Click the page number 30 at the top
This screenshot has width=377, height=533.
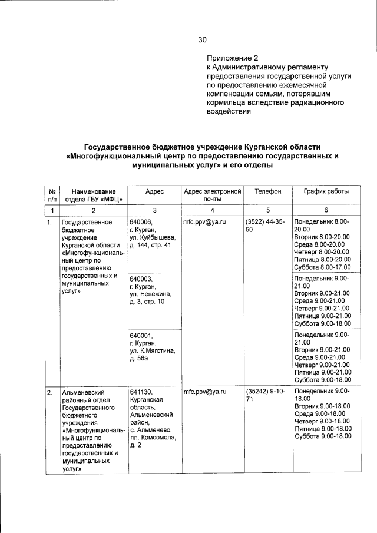click(202, 40)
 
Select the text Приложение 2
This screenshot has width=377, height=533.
click(232, 58)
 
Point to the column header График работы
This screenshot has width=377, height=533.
click(326, 192)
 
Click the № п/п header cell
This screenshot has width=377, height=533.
click(52, 196)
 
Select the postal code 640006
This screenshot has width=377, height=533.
click(141, 222)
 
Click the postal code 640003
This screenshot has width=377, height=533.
click(141, 279)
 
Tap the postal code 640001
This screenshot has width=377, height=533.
click(141, 336)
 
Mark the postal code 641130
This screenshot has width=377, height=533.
click(141, 392)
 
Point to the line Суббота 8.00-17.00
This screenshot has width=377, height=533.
click(322, 267)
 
